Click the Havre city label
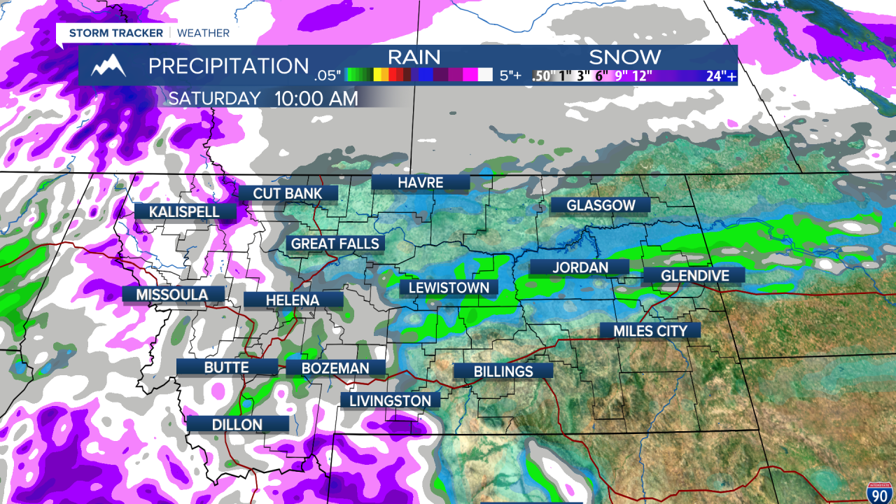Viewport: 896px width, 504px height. (x=420, y=183)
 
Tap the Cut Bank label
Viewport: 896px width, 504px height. (x=288, y=194)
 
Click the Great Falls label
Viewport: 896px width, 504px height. (x=335, y=244)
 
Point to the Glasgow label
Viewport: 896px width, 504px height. (x=601, y=205)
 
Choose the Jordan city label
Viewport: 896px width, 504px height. (x=580, y=267)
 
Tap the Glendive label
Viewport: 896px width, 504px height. (x=694, y=276)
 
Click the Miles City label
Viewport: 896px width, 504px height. (x=650, y=331)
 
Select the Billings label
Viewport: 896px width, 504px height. (x=503, y=372)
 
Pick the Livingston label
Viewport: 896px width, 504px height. (x=390, y=400)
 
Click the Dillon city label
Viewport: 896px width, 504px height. (x=237, y=424)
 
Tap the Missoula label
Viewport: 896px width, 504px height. (x=172, y=295)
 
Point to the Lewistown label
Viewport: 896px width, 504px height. (x=449, y=288)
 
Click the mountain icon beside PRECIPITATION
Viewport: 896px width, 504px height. (x=109, y=66)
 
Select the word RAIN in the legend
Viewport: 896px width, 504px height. (x=414, y=57)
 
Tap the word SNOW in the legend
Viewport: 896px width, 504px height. (x=624, y=57)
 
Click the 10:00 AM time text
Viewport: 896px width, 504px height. (x=316, y=99)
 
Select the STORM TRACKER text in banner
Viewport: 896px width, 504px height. (x=115, y=33)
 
